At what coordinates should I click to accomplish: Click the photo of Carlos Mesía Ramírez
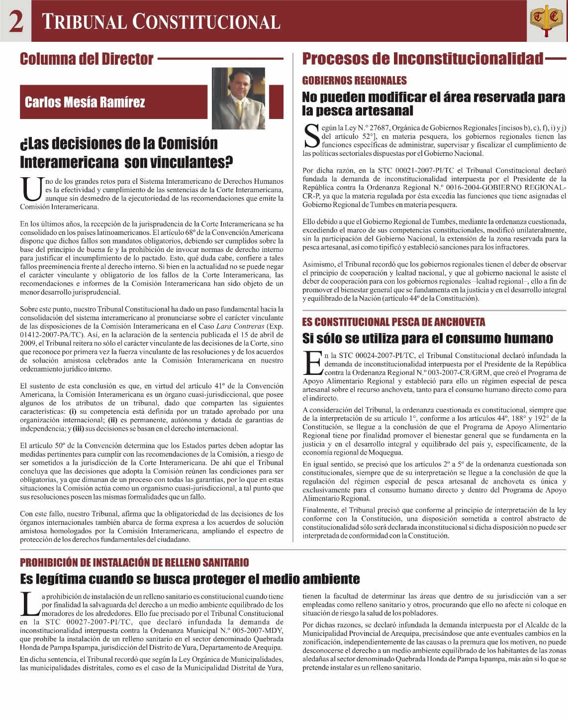[238, 98]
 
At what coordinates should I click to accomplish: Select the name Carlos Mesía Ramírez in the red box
[85, 103]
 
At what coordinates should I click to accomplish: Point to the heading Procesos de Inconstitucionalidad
[423, 59]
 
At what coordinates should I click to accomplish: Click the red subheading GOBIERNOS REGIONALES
[354, 80]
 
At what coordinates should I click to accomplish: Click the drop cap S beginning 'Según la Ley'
[311, 136]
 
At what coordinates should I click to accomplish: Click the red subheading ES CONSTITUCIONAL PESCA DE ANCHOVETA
[393, 322]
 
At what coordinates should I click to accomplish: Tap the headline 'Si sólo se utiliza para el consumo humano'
[427, 339]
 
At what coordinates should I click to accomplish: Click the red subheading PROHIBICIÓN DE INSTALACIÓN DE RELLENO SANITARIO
[134, 562]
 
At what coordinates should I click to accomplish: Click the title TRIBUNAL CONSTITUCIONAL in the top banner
[161, 22]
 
